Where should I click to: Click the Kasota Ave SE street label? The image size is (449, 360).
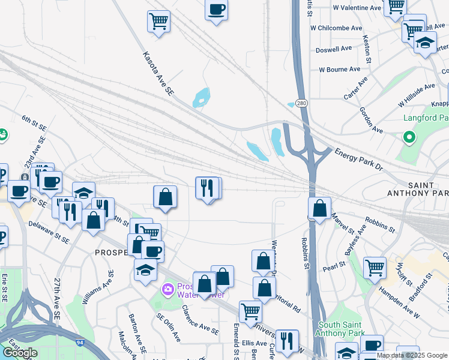(x=158, y=74)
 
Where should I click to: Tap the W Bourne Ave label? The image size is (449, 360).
(x=340, y=70)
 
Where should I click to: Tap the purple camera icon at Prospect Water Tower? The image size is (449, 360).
(x=169, y=289)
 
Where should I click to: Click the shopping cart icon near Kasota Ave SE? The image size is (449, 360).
(x=158, y=22)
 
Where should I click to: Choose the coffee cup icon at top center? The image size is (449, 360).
(x=216, y=10)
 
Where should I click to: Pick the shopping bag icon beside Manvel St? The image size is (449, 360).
(x=320, y=209)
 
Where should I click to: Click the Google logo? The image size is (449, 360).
(x=20, y=352)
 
